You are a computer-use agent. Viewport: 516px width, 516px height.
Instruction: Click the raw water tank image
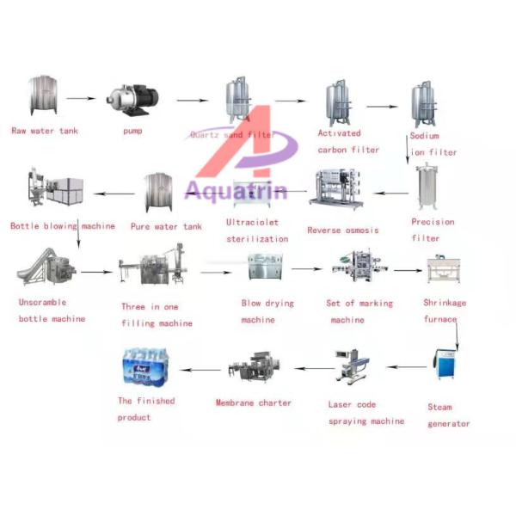42,95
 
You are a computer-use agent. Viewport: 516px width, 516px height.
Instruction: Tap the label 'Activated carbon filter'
348,141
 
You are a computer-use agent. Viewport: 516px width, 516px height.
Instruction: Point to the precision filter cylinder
427,188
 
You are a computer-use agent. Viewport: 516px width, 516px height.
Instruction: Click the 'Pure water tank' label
166,226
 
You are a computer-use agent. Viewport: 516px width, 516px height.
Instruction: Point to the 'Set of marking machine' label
359,311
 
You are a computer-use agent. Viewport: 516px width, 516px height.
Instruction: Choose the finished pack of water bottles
148,368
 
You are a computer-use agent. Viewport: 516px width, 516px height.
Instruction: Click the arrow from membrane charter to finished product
204,371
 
